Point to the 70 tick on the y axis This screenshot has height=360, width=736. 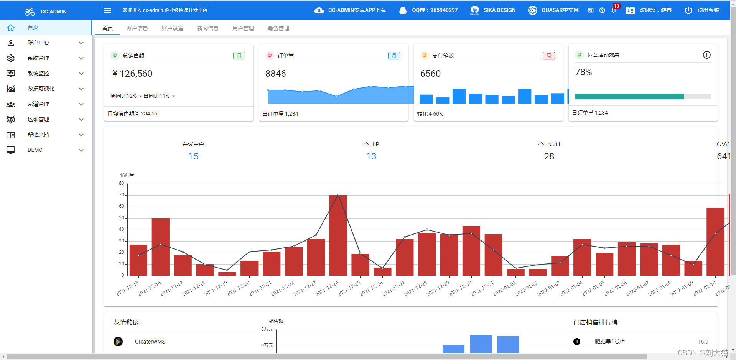point(122,195)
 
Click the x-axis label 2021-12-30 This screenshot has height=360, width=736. point(460,289)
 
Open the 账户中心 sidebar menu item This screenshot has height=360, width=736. point(38,43)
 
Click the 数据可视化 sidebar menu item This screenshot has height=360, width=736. point(41,89)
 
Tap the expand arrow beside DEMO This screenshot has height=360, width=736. point(81,150)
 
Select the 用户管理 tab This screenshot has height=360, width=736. point(243,28)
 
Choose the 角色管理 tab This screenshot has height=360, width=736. point(278,28)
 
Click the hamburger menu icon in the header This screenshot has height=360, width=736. point(107,10)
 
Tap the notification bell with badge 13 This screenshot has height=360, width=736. point(614,10)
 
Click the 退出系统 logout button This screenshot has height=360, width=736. point(702,10)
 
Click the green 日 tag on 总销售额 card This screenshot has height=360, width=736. point(239,56)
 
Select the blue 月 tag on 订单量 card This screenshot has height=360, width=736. point(394,56)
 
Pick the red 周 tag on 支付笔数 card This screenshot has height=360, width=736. point(549,56)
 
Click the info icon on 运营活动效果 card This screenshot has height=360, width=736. point(706,55)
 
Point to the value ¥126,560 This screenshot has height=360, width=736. point(132,74)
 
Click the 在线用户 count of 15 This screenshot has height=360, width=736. point(193,156)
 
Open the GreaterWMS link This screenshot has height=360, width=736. point(150,342)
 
